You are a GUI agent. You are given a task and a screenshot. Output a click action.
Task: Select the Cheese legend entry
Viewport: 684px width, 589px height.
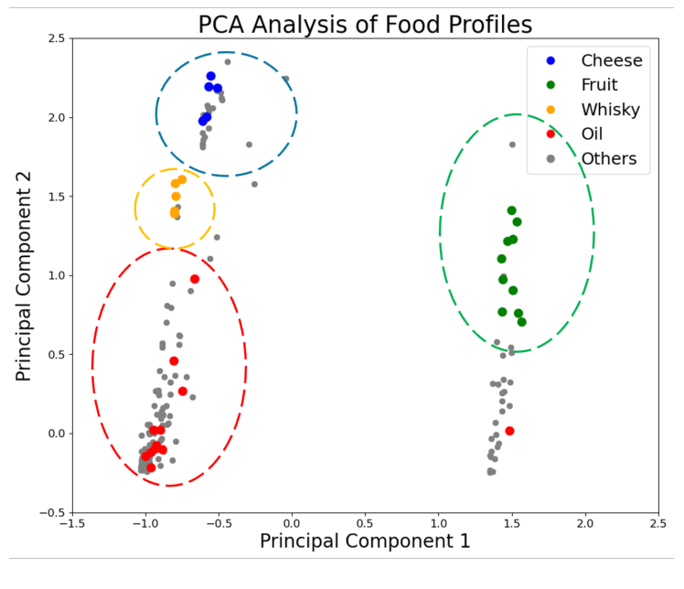(612, 60)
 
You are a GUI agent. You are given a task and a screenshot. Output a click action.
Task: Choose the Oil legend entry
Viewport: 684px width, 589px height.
(598, 134)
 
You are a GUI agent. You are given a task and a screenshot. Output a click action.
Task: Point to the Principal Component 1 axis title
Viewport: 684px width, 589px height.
(365, 541)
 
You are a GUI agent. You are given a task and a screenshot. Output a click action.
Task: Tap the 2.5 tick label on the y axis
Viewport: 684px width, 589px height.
(55, 38)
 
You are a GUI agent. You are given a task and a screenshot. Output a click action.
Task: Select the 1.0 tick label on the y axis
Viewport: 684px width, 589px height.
(55, 275)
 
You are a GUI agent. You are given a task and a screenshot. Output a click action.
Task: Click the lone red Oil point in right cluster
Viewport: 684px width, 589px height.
(509, 431)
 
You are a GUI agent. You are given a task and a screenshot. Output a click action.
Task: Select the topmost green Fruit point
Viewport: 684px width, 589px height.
(511, 210)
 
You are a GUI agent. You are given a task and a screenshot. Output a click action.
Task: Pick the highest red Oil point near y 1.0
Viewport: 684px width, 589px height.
(195, 279)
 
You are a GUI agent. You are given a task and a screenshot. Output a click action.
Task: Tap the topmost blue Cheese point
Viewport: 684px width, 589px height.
(210, 77)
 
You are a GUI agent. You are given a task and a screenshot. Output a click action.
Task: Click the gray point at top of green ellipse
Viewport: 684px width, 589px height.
(512, 145)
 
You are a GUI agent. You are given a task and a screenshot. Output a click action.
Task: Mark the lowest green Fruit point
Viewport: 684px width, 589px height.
(521, 322)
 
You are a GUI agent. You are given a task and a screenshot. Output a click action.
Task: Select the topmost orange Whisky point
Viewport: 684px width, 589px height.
(182, 179)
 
